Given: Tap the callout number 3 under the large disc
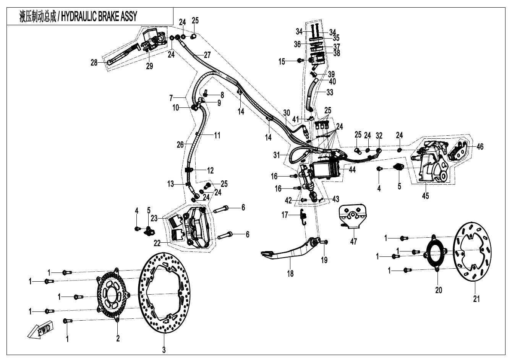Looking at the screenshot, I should click(x=164, y=349).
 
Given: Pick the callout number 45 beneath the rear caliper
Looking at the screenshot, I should click(x=425, y=196).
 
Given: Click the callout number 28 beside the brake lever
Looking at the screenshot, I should click(x=94, y=63).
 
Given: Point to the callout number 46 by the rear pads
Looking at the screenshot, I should click(x=480, y=146).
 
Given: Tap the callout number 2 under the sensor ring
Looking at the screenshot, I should click(x=118, y=338).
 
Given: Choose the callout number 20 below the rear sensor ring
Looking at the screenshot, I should click(x=439, y=290).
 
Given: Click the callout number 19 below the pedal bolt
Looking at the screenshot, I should click(x=324, y=260).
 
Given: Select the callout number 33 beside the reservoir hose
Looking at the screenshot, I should click(x=329, y=92).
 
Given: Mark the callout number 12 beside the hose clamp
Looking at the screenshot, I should click(x=211, y=170).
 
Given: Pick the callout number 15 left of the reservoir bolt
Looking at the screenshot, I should click(x=282, y=61).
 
